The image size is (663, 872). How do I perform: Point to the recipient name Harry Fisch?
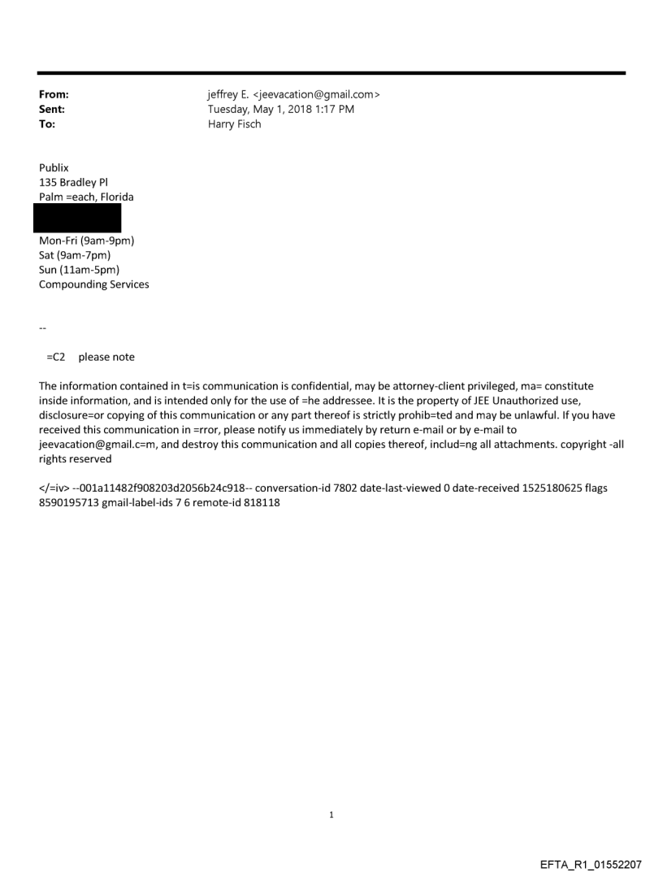(235, 124)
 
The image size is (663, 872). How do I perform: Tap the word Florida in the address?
(116, 197)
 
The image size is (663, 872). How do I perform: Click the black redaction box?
(77, 218)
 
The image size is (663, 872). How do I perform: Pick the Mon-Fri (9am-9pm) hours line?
(86, 241)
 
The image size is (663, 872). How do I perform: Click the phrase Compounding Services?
(93, 284)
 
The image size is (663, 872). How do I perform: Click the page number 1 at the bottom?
(331, 814)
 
